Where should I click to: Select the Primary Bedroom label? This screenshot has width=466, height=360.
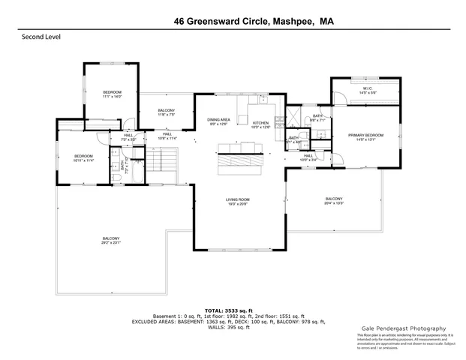[x=365, y=137]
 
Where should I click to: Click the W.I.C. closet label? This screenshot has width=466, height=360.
[x=368, y=91]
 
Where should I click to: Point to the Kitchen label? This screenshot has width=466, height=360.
[x=260, y=125]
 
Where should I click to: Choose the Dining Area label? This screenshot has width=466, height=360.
[x=218, y=121]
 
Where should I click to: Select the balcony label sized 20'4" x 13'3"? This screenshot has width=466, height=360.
[x=334, y=201]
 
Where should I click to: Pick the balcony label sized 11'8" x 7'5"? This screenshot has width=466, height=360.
[x=167, y=113]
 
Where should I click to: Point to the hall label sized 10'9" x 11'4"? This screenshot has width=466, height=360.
[x=167, y=136]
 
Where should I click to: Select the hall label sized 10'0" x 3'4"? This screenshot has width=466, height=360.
[x=308, y=157]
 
